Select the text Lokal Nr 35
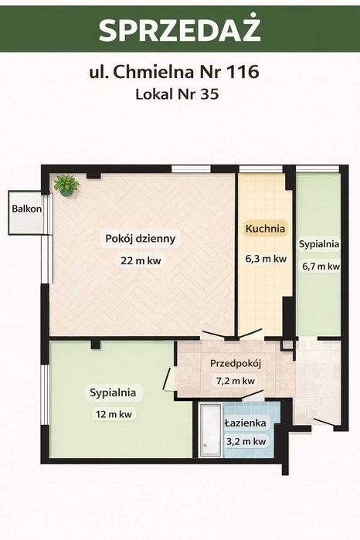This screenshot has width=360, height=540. click(x=177, y=93)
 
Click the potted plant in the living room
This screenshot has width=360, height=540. click(x=66, y=185)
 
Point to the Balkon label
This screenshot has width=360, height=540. click(x=26, y=209)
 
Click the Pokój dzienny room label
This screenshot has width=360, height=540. click(x=140, y=239)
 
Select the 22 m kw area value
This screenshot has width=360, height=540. click(x=141, y=260)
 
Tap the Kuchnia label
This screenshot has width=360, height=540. click(x=265, y=229)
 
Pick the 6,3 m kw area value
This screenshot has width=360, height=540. click(x=266, y=259)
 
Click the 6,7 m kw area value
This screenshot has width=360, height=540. click(x=321, y=267)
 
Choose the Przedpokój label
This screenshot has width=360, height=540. click(x=236, y=363)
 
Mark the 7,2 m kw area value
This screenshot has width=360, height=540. click(x=236, y=381)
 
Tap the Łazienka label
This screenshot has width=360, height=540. click(x=246, y=423)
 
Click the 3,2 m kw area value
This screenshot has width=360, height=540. click(x=246, y=441)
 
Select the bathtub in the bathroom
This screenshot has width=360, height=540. click(x=210, y=430)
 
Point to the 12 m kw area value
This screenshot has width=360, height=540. click(x=114, y=414)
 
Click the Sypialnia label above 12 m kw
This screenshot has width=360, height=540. click(x=113, y=392)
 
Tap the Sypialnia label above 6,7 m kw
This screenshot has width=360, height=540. click(x=319, y=244)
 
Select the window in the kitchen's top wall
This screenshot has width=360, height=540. click(x=261, y=168)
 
